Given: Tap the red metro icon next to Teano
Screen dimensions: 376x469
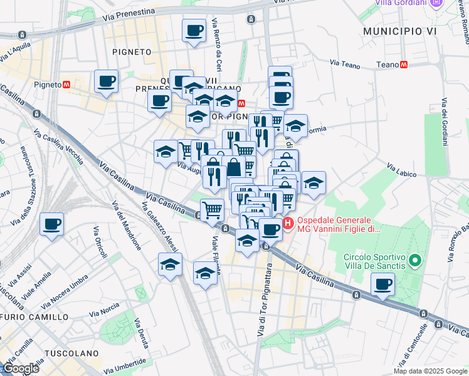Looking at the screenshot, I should pos(404,65).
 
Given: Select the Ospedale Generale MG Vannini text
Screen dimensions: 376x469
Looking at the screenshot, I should pos(339,225).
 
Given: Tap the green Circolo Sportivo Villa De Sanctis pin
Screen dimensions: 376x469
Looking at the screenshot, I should pos(414,259).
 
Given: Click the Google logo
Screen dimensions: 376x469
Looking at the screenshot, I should pos(21,368).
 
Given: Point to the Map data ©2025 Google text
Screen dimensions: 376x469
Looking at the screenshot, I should pos(430,371).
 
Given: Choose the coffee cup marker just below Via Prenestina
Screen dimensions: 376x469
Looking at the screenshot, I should pos(194,30).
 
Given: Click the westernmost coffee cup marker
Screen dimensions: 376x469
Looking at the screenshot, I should pos(51,224).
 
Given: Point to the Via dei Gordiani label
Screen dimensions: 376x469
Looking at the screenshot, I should pos(445,122).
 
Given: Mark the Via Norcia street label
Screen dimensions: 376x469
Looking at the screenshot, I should pos(104,310).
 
